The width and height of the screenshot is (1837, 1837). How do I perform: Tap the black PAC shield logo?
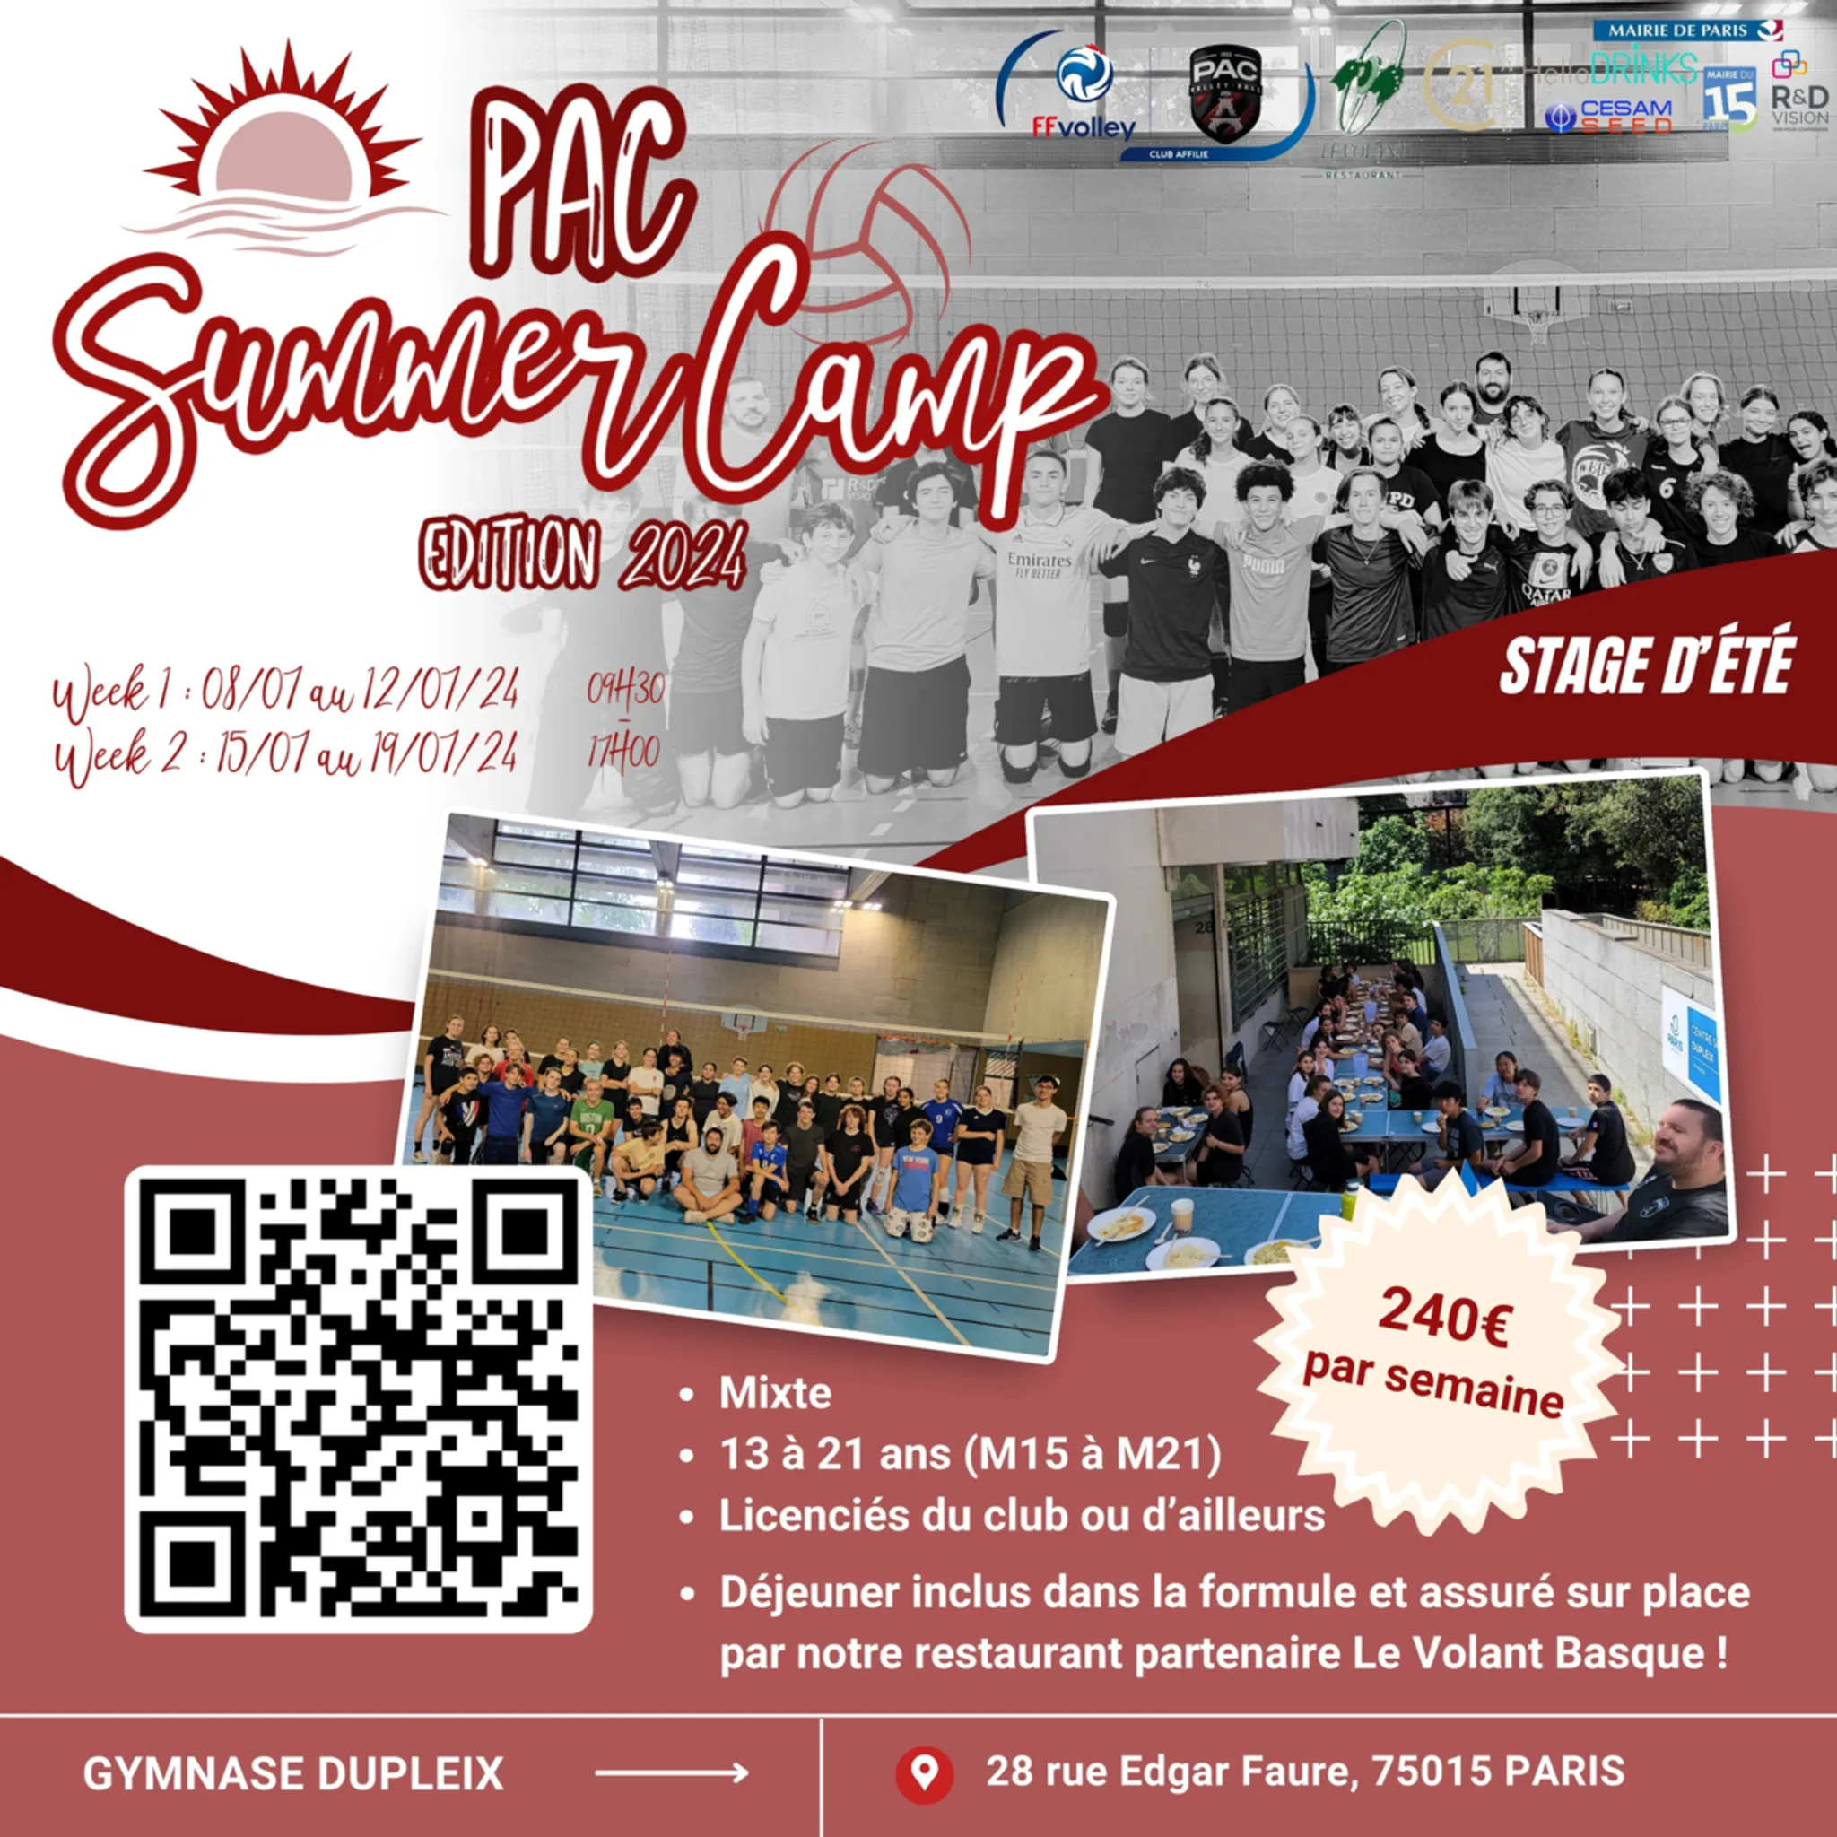click(1224, 94)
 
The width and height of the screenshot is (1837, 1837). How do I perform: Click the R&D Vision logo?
click(1799, 91)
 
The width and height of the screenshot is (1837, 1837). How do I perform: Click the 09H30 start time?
click(624, 691)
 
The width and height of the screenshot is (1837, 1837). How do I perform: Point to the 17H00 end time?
click(623, 753)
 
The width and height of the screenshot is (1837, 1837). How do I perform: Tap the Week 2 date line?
click(285, 756)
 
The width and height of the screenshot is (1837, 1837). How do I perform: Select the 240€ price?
click(1443, 1317)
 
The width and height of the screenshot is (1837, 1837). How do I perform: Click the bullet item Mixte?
click(775, 1393)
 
